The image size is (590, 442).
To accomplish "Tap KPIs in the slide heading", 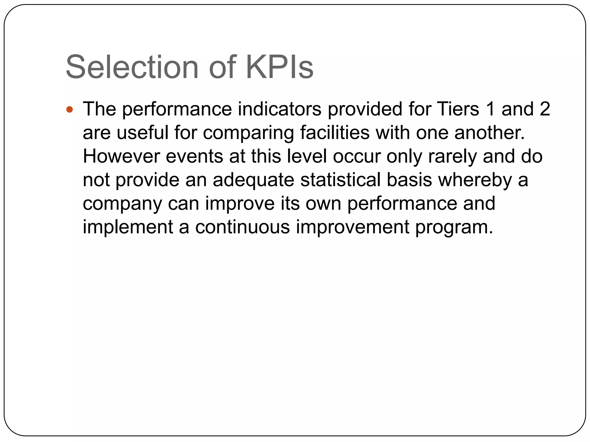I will click(279, 67).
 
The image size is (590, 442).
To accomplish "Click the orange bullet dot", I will click(70, 110).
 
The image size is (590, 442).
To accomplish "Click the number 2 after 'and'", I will click(545, 109).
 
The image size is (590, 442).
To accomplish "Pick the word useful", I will click(142, 133).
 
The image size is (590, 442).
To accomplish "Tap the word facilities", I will click(335, 133).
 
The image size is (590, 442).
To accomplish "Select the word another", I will click(490, 133).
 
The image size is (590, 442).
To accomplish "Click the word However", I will click(121, 157).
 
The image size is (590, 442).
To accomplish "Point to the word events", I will click(194, 157).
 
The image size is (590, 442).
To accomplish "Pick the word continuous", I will click(243, 227).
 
